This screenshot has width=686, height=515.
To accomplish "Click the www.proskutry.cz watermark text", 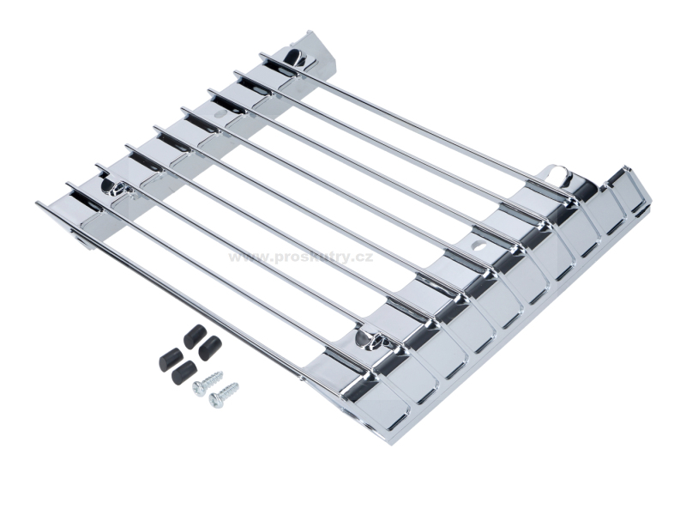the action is pos(302,257).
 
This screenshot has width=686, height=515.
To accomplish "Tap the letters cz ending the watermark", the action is pos(365,257).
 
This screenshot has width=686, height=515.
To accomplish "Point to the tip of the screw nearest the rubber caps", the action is pos(221,374).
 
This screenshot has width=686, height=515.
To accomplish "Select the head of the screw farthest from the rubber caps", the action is pos(215,399).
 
